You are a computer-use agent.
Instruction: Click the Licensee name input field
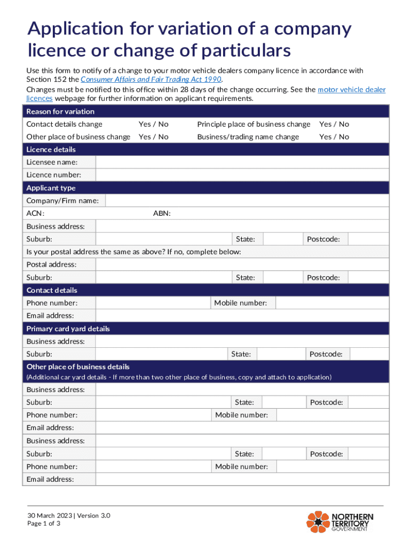pyautogui.click(x=242, y=162)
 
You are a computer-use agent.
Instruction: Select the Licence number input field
pyautogui.click(x=242, y=175)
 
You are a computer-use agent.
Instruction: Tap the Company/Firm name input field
pyautogui.click(x=247, y=201)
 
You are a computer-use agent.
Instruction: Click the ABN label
pyautogui.click(x=162, y=214)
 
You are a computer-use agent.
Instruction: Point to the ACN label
pyautogui.click(x=35, y=214)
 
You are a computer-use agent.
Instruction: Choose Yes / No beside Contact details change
pyautogui.click(x=153, y=124)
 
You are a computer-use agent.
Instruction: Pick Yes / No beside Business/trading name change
pyautogui.click(x=334, y=137)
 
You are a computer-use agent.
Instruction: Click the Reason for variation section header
pyautogui.click(x=60, y=111)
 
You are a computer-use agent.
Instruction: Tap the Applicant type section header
pyautogui.click(x=51, y=188)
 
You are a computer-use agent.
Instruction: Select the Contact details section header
pyautogui.click(x=52, y=290)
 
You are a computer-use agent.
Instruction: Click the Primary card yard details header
pyautogui.click(x=68, y=329)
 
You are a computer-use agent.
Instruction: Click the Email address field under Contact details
pyautogui.click(x=242, y=316)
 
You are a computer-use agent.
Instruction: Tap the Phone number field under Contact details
pyautogui.click(x=153, y=303)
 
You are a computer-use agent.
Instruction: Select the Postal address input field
pyautogui.click(x=242, y=264)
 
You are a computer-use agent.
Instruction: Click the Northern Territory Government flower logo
pyautogui.click(x=318, y=522)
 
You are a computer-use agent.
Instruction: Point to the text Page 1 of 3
pyautogui.click(x=44, y=524)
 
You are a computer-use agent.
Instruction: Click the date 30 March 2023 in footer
pyautogui.click(x=51, y=516)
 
